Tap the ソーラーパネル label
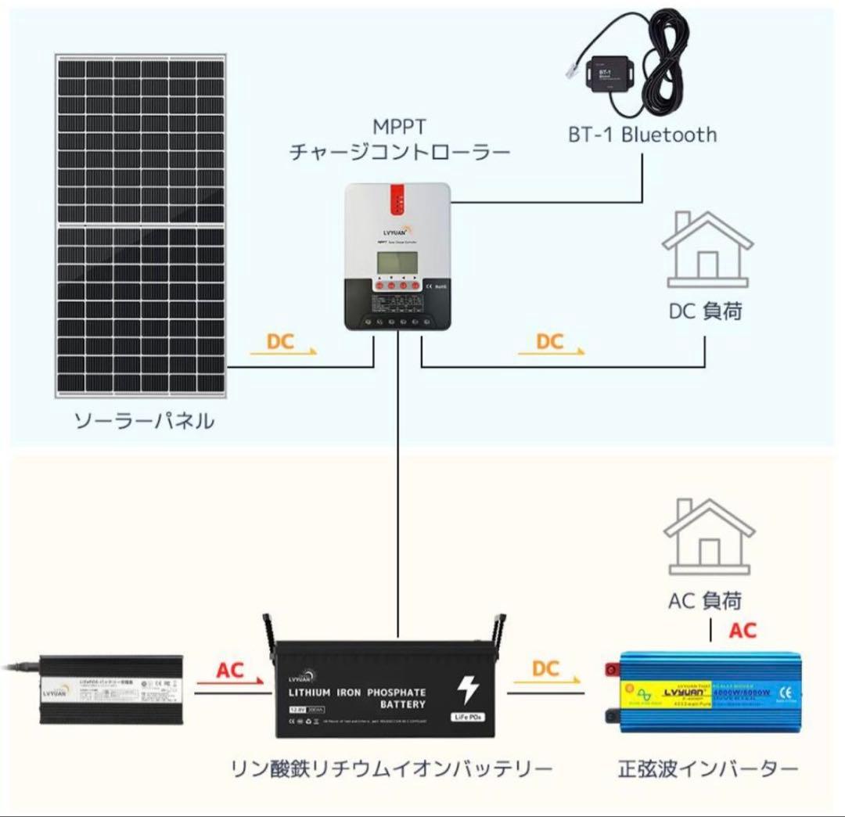click(144, 422)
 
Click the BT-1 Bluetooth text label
click(642, 135)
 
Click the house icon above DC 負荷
click(707, 248)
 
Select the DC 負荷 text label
click(705, 311)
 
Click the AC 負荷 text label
click(705, 601)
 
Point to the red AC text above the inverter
click(743, 631)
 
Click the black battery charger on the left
click(112, 691)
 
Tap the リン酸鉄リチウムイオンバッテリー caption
click(391, 768)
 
